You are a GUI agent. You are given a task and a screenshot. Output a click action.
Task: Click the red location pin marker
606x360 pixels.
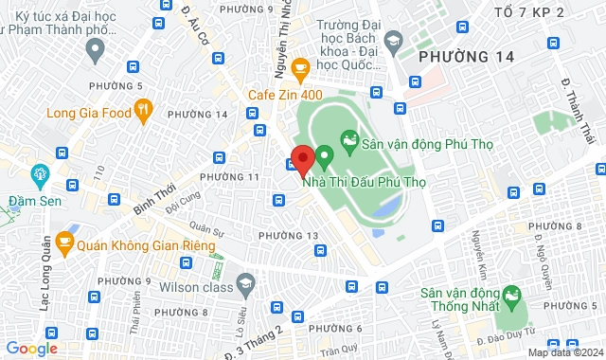pyautogui.click(x=302, y=160)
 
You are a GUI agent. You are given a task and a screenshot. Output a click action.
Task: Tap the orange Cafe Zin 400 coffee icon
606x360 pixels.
pyautogui.click(x=300, y=68)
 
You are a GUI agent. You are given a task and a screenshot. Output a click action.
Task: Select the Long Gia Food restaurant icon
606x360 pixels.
pyautogui.click(x=143, y=113)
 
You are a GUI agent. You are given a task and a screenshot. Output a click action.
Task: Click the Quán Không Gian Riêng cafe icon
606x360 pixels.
pyautogui.click(x=64, y=243)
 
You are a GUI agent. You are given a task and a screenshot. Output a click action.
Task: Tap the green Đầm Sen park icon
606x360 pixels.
pyautogui.click(x=40, y=174)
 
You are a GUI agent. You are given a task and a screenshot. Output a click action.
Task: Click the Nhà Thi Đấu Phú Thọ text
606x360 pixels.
pyautogui.click(x=361, y=182)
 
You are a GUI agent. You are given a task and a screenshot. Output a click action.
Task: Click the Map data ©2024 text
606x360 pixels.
pyautogui.click(x=563, y=352)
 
